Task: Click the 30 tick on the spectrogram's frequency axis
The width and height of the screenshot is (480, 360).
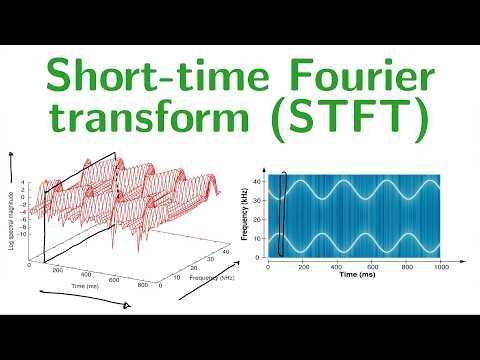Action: pyautogui.click(x=258, y=198)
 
